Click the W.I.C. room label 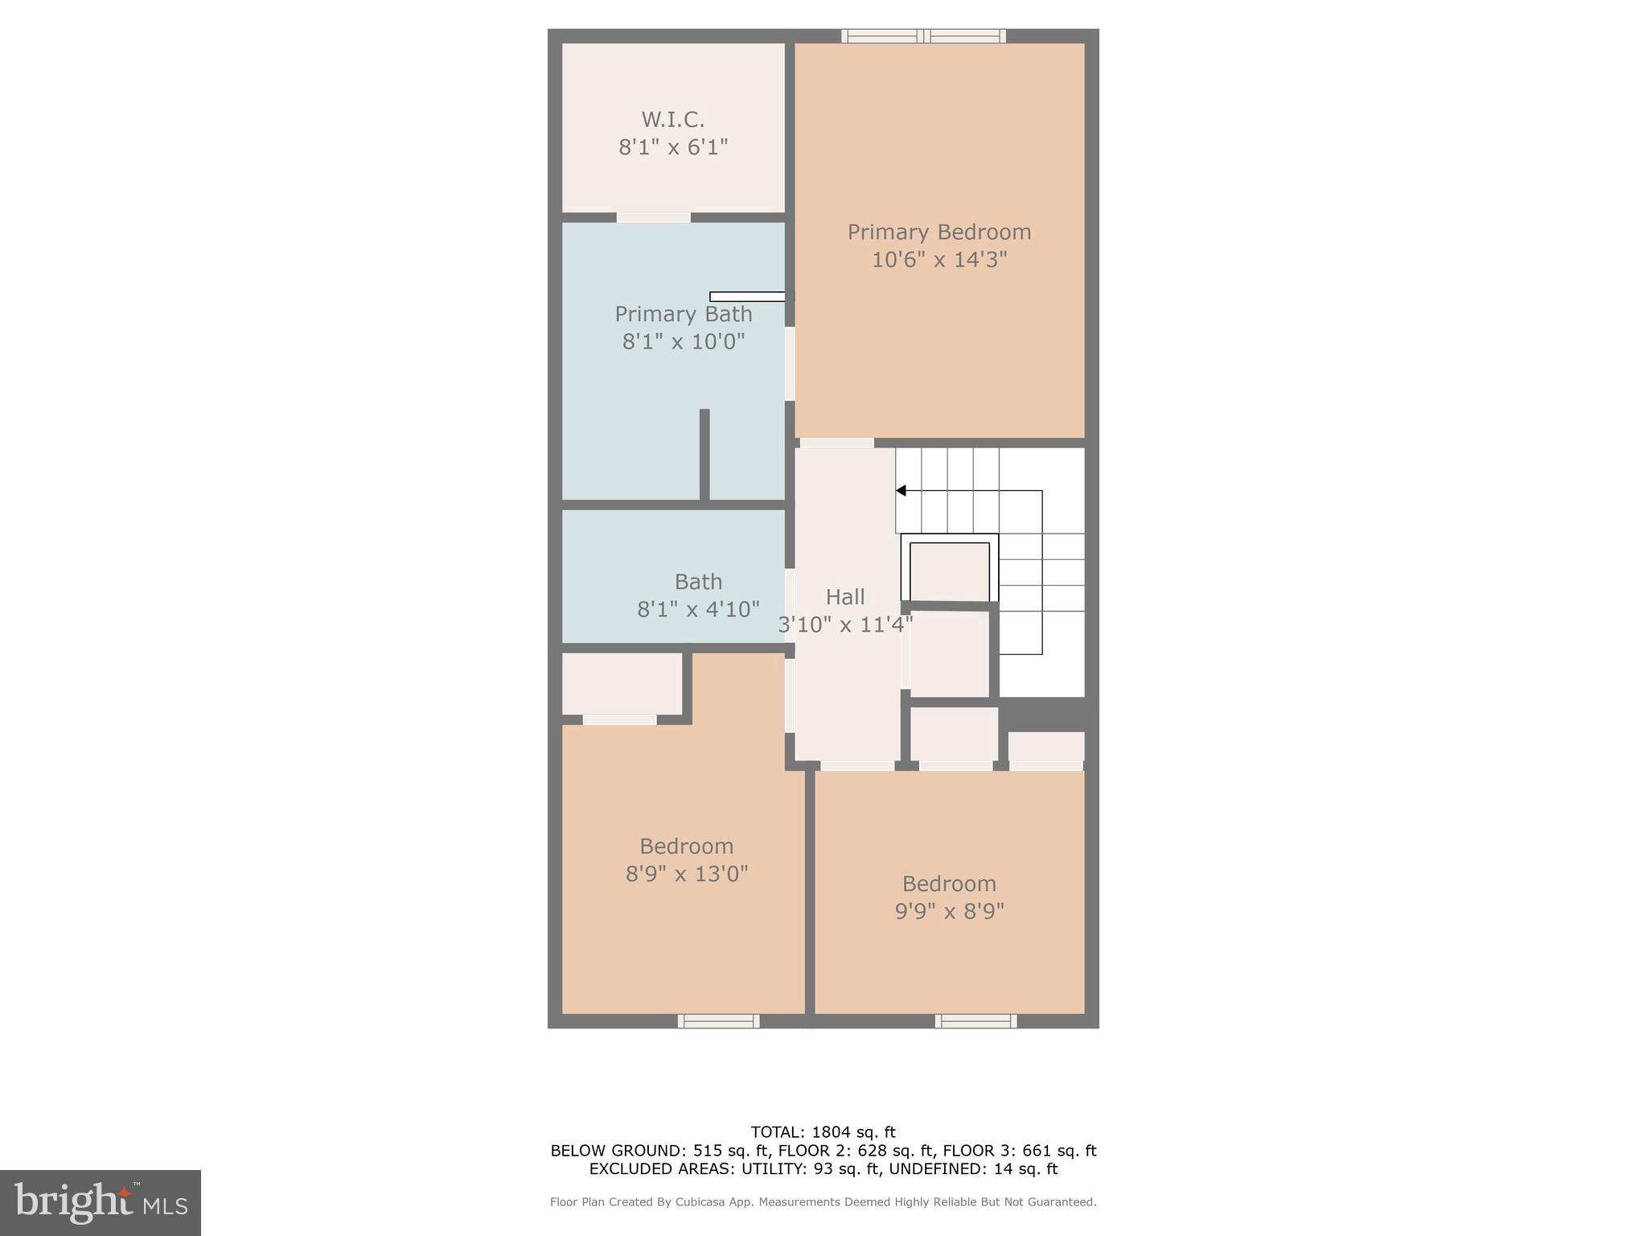pyautogui.click(x=673, y=120)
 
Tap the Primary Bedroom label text pyautogui.click(x=939, y=232)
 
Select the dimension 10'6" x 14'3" pyautogui.click(x=939, y=260)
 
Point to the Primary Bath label pyautogui.click(x=684, y=314)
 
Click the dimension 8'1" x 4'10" pyautogui.click(x=698, y=609)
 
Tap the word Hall pyautogui.click(x=845, y=597)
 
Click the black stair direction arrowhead pyautogui.click(x=902, y=491)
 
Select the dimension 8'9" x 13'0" pyautogui.click(x=687, y=874)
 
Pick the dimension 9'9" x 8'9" pyautogui.click(x=950, y=911)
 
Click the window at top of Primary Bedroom pyautogui.click(x=923, y=35)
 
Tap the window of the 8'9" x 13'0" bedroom pyautogui.click(x=718, y=1021)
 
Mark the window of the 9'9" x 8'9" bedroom pyautogui.click(x=975, y=1021)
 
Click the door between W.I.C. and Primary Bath pyautogui.click(x=653, y=217)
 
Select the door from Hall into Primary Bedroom pyautogui.click(x=836, y=443)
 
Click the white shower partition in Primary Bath pyautogui.click(x=747, y=297)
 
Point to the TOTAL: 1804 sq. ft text pyautogui.click(x=823, y=1132)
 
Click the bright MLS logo pyautogui.click(x=101, y=1202)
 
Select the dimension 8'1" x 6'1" pyautogui.click(x=673, y=147)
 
